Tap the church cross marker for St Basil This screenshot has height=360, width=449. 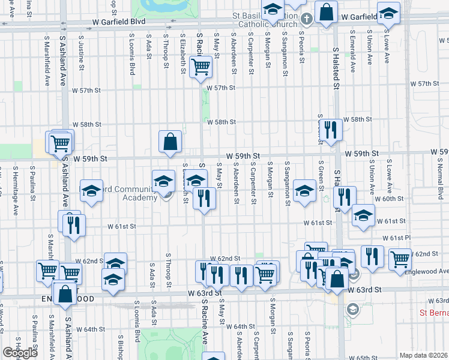pyautogui.click(x=306, y=17)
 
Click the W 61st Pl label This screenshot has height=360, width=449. pyautogui.click(x=395, y=238)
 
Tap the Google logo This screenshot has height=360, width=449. pyautogui.click(x=20, y=353)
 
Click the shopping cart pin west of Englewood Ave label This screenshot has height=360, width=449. pyautogui.click(x=399, y=259)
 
